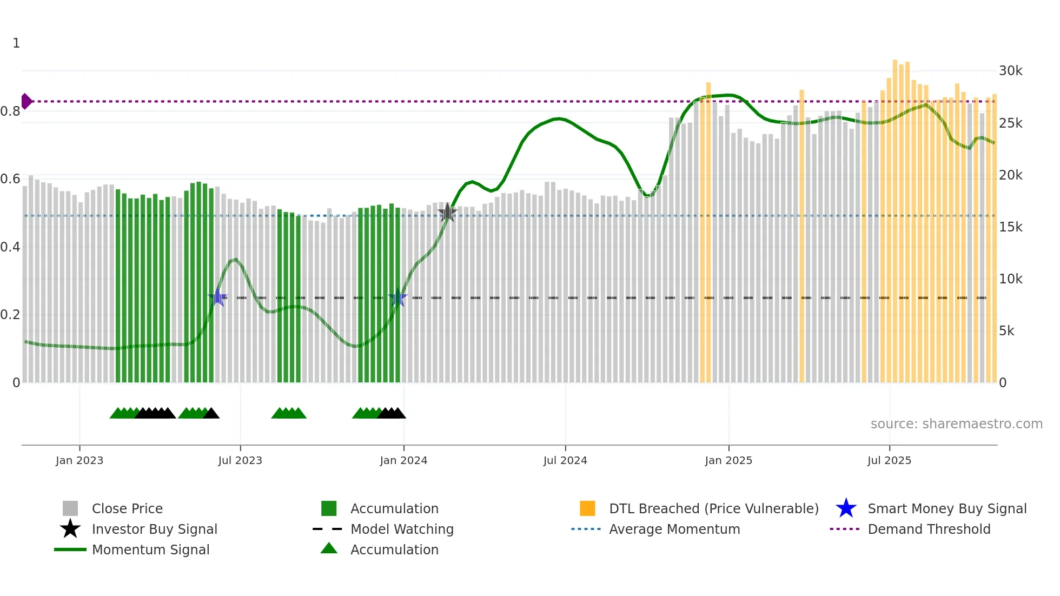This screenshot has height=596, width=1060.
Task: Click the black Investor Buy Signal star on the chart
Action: [447, 213]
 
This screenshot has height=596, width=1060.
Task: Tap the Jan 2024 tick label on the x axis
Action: [403, 460]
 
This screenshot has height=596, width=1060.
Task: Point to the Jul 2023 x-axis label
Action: [240, 460]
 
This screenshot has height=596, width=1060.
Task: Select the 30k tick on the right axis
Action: [1010, 71]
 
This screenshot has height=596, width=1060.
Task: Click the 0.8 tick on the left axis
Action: [10, 111]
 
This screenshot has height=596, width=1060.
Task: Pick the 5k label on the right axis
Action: [1006, 331]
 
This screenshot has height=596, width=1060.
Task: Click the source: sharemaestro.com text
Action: [956, 424]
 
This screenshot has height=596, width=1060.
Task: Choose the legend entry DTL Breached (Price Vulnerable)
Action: [713, 508]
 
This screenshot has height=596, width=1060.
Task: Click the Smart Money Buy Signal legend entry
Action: [946, 508]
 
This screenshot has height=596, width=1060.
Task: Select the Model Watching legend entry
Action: [401, 529]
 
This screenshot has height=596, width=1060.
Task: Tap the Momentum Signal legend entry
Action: [150, 549]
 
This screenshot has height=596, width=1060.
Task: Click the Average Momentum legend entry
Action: [674, 529]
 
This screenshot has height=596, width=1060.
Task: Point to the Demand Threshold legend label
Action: [929, 529]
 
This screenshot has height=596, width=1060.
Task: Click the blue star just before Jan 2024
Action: [398, 297]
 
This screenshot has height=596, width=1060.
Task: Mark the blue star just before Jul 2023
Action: [217, 297]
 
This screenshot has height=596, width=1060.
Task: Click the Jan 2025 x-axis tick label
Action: [728, 460]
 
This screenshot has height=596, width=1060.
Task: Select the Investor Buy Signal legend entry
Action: [154, 529]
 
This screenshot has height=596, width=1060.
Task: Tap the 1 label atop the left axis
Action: [16, 43]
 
